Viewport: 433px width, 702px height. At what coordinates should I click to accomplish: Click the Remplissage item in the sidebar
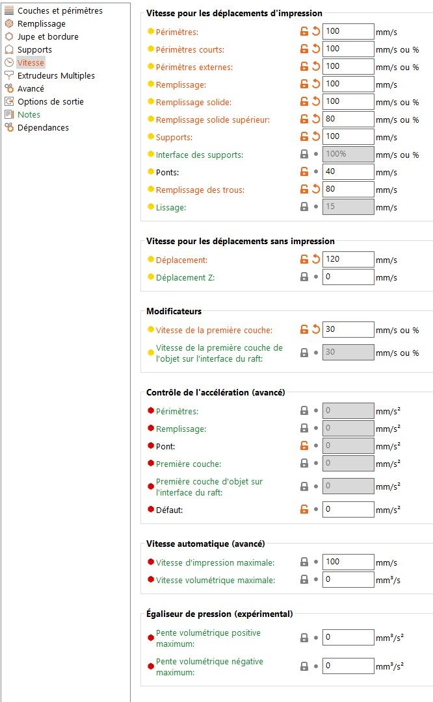[x=41, y=23]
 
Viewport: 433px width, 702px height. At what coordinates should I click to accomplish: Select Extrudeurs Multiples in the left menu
[x=56, y=75]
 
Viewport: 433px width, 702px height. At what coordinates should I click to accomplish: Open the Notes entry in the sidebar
[x=29, y=114]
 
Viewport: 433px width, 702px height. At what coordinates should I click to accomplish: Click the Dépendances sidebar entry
[x=43, y=127]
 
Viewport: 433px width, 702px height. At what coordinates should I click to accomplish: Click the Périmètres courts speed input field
[x=348, y=49]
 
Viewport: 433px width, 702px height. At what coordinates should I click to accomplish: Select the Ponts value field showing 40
[x=348, y=171]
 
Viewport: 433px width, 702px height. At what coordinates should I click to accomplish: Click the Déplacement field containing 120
[x=348, y=259]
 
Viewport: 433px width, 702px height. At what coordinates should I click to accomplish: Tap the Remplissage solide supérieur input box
[x=348, y=119]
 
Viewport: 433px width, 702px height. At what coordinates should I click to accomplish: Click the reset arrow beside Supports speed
[x=316, y=137]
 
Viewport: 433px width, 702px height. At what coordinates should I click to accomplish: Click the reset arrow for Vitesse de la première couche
[x=316, y=329]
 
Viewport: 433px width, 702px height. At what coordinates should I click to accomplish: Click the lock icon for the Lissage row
[x=304, y=207]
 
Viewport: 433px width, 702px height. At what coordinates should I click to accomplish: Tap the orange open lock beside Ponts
[x=304, y=172]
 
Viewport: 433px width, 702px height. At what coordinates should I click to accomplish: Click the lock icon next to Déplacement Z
[x=304, y=277]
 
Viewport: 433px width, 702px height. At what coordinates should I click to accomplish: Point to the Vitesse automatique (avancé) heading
[x=205, y=543]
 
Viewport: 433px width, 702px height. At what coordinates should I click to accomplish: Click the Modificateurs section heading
[x=174, y=311]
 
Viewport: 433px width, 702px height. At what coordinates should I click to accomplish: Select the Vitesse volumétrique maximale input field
[x=348, y=579]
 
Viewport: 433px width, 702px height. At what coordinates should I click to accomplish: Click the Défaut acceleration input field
[x=348, y=509]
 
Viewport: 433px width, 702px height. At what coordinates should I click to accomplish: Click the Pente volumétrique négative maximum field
[x=348, y=666]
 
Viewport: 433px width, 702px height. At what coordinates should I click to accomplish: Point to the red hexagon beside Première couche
[x=151, y=464]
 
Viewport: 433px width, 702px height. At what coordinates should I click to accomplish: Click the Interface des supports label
[x=199, y=155]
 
